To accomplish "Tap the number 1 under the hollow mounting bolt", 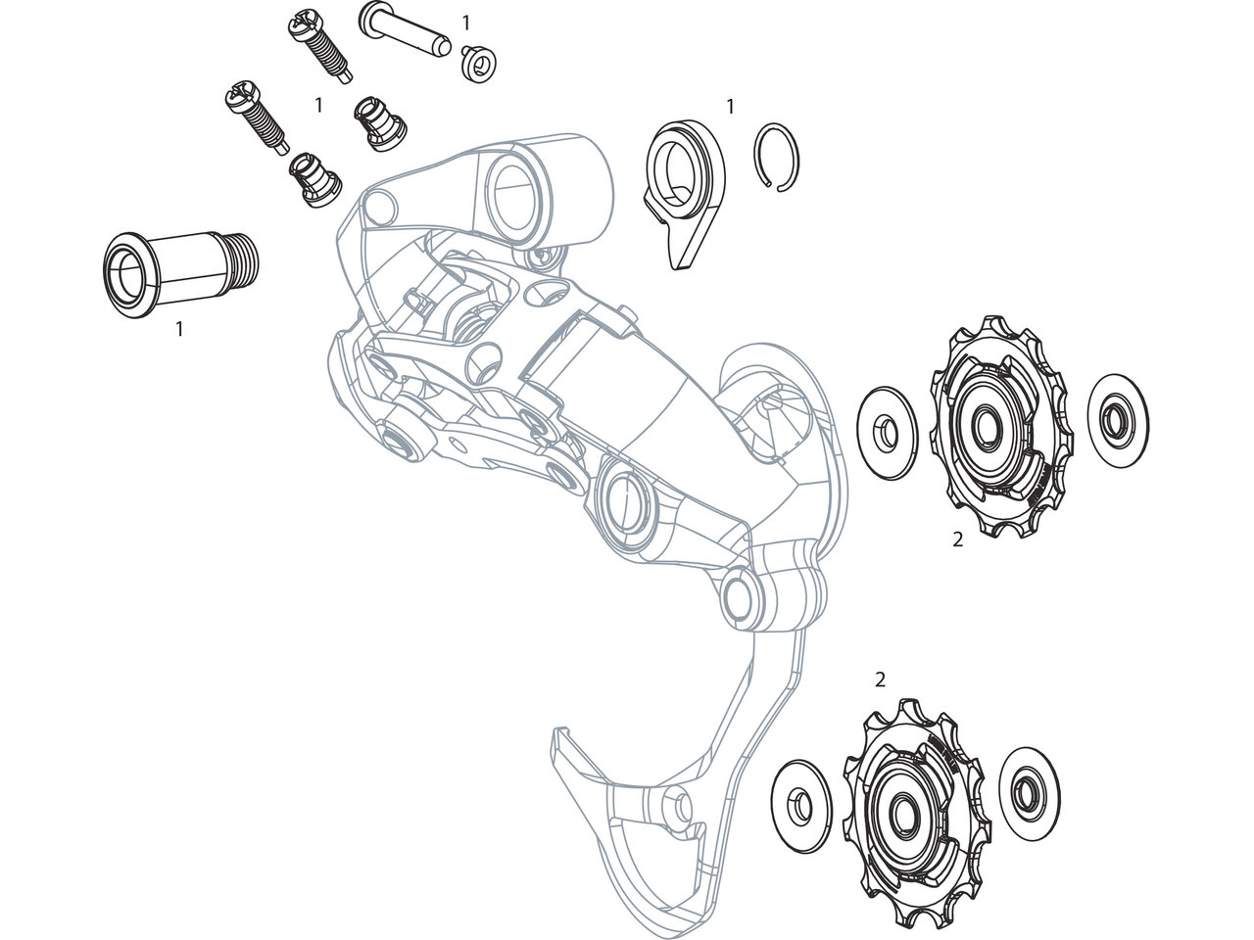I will click(179, 330).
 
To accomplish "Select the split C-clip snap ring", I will click(781, 157).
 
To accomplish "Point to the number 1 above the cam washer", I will click(730, 106).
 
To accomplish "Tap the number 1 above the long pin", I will click(465, 21).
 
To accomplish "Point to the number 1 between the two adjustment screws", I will click(318, 104).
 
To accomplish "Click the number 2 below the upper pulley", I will click(957, 539).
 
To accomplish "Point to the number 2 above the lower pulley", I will click(880, 678).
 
